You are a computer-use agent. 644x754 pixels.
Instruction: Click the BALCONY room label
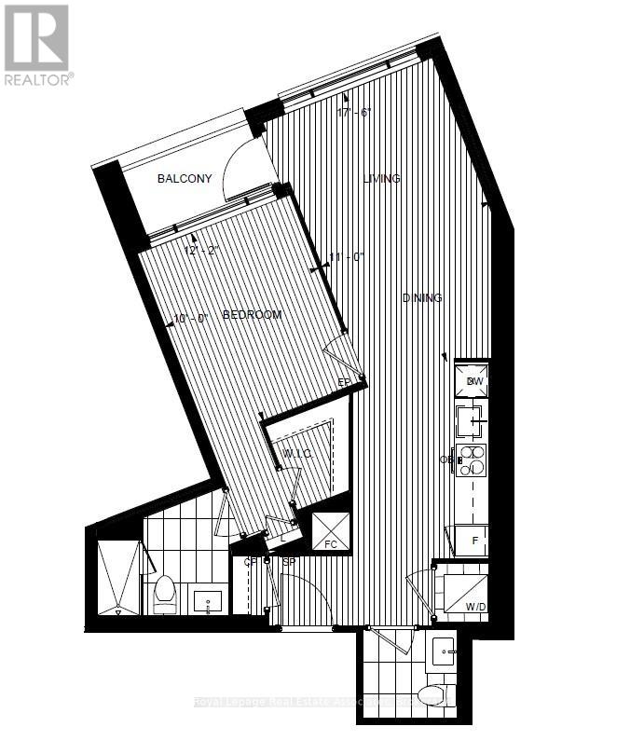pos(185,179)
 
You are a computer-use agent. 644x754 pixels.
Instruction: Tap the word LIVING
pos(381,178)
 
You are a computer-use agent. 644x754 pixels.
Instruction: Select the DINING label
pos(421,298)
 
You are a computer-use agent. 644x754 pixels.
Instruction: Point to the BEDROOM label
pos(252,315)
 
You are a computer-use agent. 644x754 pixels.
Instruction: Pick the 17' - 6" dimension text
pos(355,112)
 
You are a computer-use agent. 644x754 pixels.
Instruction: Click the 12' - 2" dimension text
pos(203,251)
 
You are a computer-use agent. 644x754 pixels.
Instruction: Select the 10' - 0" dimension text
pos(191,318)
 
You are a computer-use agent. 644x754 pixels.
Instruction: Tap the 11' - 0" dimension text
pos(347,257)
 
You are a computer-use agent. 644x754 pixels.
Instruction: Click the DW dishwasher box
pos(473,381)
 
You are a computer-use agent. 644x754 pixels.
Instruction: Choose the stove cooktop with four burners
pos(473,460)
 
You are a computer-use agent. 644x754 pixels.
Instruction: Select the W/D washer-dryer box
pos(464,594)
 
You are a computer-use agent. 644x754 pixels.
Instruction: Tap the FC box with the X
pos(330,530)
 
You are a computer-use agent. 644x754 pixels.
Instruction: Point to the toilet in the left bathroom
pos(165,595)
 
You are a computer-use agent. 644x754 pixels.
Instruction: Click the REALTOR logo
pos(37,45)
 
